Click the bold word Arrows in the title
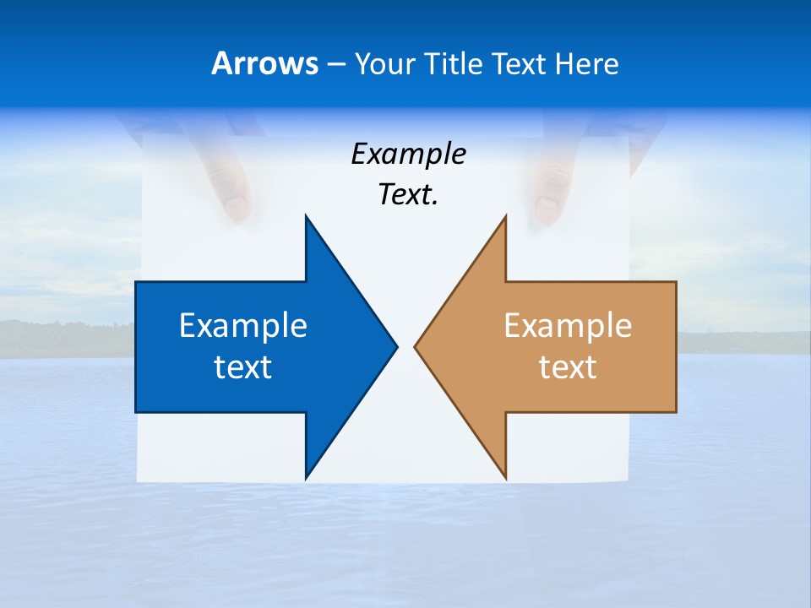coord(264,63)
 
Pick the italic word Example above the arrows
coord(408,155)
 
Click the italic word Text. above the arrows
coord(408,195)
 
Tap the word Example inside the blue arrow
coord(243,326)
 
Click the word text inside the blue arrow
coord(243,367)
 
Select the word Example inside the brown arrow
coord(568,326)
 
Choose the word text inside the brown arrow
coord(568,367)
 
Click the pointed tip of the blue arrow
coord(395,346)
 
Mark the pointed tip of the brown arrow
coord(416,346)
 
